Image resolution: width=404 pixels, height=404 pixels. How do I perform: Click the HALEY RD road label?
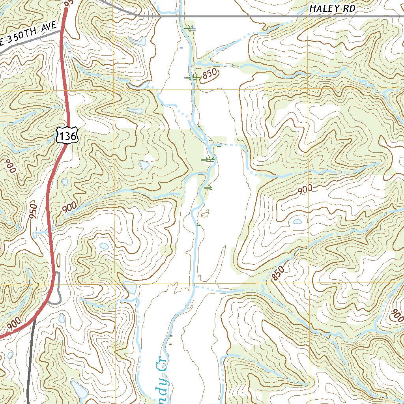coord(332,8)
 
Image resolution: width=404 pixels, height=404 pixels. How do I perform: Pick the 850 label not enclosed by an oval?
coord(278,273)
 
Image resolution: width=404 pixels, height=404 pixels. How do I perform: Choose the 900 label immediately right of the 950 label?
coord(69,207)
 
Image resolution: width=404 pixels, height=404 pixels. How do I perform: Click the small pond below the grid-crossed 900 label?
coord(297,222)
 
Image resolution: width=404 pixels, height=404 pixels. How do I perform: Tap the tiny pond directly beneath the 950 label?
coord(35,235)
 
